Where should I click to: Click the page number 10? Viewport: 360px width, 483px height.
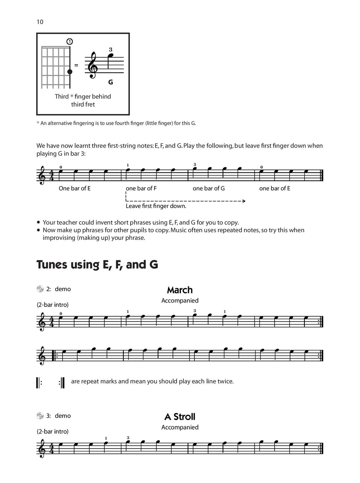40,22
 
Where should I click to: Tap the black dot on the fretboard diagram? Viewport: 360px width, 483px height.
70,72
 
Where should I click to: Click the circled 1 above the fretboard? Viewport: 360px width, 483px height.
70,42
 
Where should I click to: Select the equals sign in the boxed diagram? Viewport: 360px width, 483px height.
76,65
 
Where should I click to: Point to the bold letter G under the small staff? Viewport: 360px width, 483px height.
110,82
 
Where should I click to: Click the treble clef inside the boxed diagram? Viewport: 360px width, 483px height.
93,65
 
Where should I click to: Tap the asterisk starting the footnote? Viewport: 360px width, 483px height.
38,123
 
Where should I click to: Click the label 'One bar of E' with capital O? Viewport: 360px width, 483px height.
75,188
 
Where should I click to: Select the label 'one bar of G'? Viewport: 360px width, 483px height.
208,188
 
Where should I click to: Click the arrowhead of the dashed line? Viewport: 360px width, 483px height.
244,201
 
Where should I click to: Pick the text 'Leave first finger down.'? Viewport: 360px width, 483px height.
156,206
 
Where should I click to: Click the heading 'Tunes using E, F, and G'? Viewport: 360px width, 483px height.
97,264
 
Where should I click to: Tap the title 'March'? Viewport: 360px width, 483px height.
180,290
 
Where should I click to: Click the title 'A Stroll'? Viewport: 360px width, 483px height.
180,417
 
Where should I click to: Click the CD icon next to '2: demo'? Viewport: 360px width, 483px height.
40,289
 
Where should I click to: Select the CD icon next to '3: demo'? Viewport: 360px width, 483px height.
40,415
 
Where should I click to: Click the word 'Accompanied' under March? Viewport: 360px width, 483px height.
180,300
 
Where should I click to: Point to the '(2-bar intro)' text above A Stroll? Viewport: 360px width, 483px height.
53,431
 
